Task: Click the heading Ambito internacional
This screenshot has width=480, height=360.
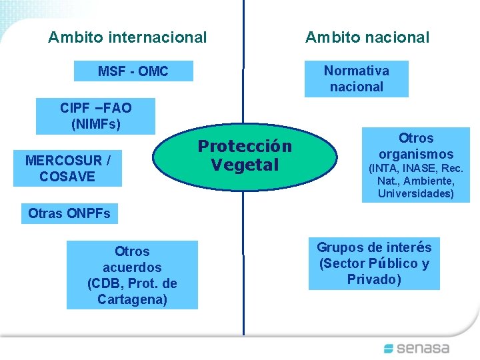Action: pyautogui.click(x=127, y=37)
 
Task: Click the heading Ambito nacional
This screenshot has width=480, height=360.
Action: pyautogui.click(x=367, y=37)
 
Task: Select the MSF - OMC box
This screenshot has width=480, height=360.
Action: pyautogui.click(x=133, y=71)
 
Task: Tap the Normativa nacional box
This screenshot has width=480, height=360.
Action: pyautogui.click(x=356, y=79)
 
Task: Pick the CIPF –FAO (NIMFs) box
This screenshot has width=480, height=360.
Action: pyautogui.click(x=96, y=116)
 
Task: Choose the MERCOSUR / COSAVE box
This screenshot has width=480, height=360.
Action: pyautogui.click(x=67, y=168)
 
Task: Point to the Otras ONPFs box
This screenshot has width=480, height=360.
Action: pyautogui.click(x=69, y=214)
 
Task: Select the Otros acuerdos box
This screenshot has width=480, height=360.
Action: pyautogui.click(x=132, y=275)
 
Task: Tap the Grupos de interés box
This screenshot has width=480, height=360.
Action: pyautogui.click(x=374, y=263)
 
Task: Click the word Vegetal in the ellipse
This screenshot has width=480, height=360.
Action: pyautogui.click(x=245, y=165)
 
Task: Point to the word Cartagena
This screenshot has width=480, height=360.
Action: pyautogui.click(x=132, y=299)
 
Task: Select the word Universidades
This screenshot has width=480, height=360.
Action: pyautogui.click(x=415, y=194)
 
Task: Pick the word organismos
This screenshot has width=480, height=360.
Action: pyautogui.click(x=416, y=154)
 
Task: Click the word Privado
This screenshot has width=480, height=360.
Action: pyautogui.click(x=374, y=279)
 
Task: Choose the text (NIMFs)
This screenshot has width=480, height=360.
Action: pyautogui.click(x=96, y=124)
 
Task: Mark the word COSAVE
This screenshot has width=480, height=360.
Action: pyautogui.click(x=67, y=177)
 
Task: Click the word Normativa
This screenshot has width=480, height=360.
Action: pyautogui.click(x=357, y=71)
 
